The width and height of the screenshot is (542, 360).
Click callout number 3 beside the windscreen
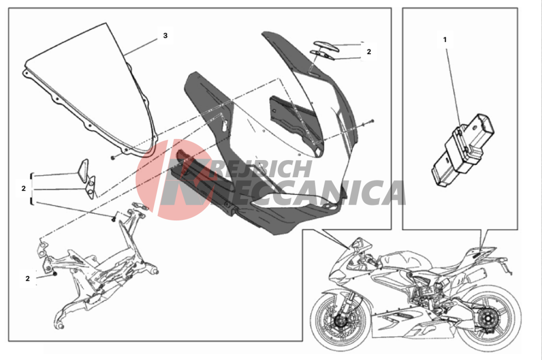(165, 35)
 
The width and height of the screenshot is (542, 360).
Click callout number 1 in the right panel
(445, 40)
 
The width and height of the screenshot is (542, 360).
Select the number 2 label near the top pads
(369, 52)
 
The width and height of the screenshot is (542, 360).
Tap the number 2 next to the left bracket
(23, 188)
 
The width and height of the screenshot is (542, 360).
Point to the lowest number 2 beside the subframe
(28, 279)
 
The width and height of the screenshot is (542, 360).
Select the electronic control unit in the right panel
(463, 148)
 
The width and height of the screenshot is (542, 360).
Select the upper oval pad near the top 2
(326, 46)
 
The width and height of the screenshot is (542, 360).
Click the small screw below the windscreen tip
(113, 158)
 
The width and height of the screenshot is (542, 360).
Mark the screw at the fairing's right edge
(371, 121)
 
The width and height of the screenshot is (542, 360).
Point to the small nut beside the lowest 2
(55, 274)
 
